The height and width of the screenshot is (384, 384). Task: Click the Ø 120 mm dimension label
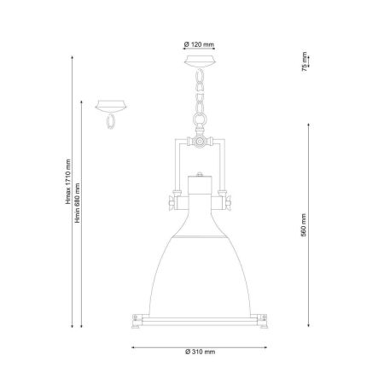(199, 44)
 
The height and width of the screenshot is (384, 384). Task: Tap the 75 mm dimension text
(305, 61)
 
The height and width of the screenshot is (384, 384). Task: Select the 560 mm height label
(304, 225)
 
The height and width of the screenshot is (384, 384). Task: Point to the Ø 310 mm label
(201, 352)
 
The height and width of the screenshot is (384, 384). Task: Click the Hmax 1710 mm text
(68, 182)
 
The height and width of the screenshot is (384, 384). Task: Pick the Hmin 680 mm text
(78, 203)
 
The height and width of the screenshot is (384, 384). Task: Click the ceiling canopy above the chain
(199, 61)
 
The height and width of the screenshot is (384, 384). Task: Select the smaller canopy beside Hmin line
(111, 106)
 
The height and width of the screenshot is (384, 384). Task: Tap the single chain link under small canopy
(110, 121)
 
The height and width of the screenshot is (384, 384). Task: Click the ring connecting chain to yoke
(200, 119)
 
